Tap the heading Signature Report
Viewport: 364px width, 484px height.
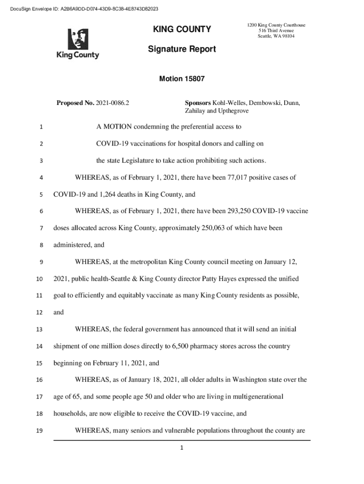(x=182, y=49)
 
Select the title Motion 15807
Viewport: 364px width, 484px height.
(x=182, y=79)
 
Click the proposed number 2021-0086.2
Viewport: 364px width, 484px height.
(x=113, y=103)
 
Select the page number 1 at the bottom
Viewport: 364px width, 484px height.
(x=182, y=448)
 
